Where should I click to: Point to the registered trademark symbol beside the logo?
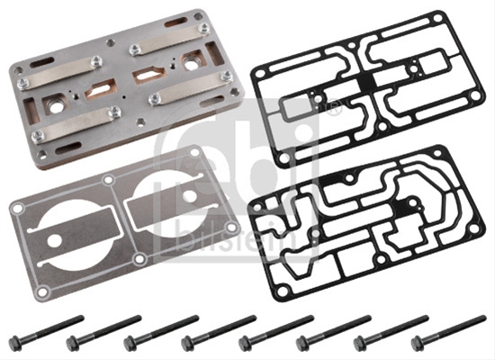(x=335, y=106)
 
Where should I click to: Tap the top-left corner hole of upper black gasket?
(x=259, y=75)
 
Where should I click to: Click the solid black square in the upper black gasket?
(x=366, y=82)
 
